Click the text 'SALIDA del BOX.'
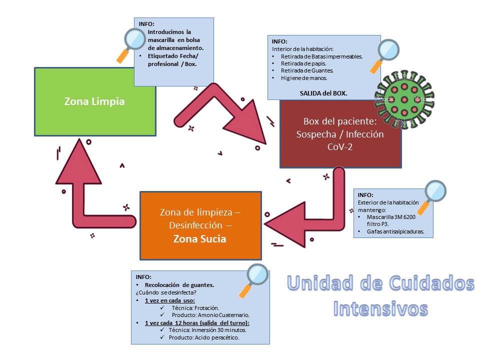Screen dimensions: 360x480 click(323, 93)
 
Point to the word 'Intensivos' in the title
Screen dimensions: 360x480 click(380, 307)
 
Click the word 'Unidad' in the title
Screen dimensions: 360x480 click(320, 283)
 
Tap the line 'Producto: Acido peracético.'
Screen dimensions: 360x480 click(203, 337)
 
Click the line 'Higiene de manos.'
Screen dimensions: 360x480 click(304, 78)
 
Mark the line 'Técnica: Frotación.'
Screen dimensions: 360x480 click(195, 308)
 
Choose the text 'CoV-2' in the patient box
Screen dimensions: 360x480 click(340, 147)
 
